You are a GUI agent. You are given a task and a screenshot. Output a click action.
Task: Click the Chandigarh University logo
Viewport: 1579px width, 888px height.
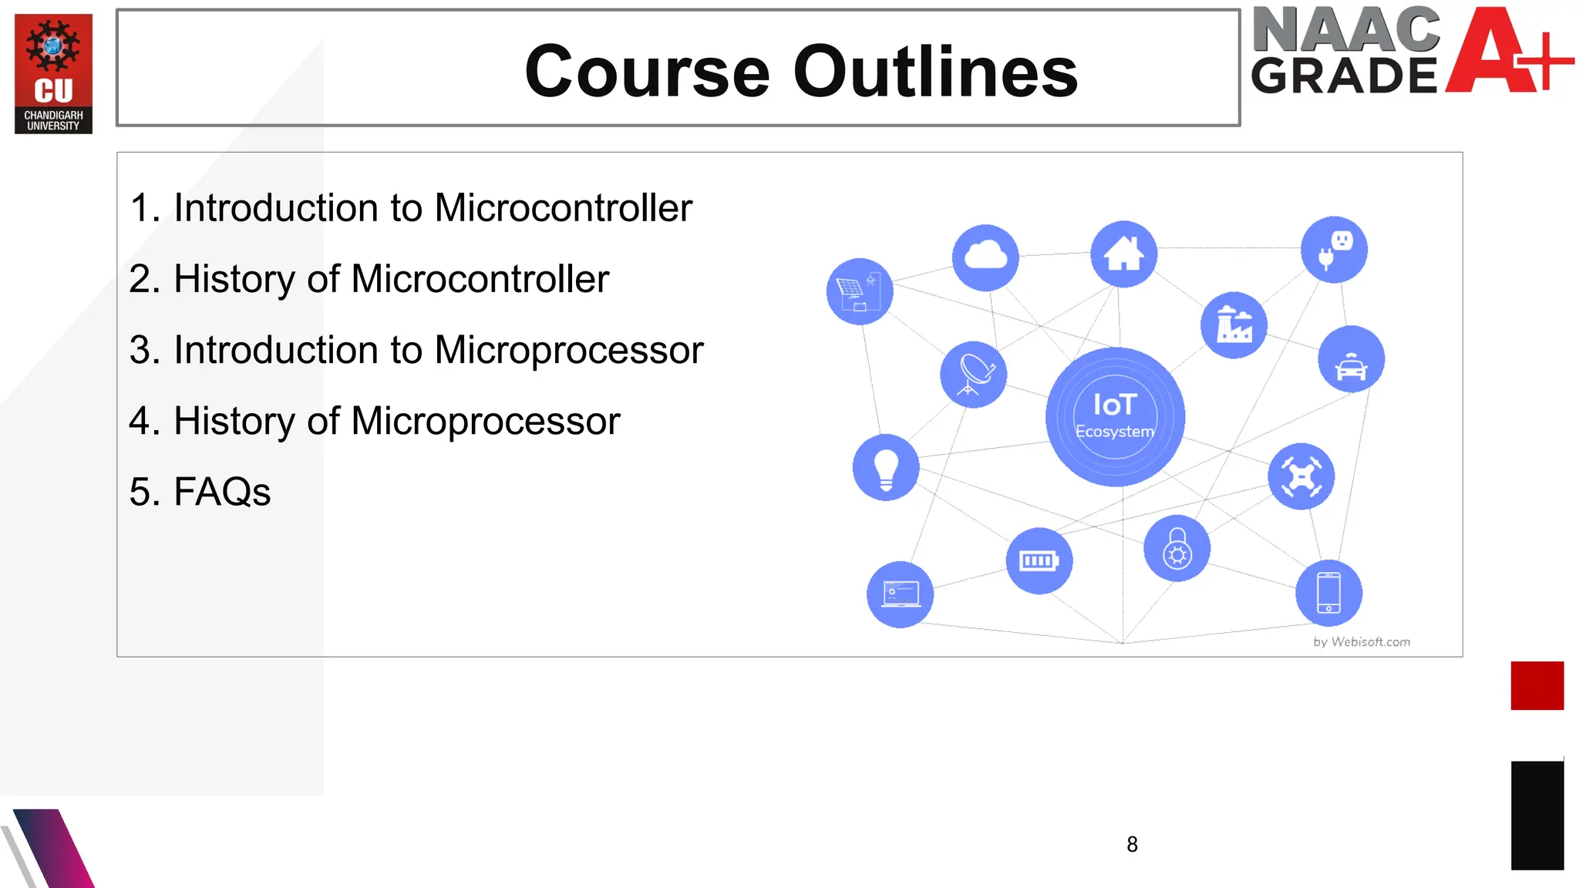point(53,74)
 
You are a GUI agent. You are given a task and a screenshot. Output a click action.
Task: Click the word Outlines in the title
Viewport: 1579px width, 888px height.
point(935,72)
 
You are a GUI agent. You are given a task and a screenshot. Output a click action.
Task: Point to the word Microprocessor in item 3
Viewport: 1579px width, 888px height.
point(568,350)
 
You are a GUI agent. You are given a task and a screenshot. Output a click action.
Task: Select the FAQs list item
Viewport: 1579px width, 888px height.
point(200,492)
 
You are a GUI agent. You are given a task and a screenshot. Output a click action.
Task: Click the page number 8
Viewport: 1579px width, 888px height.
point(1132,845)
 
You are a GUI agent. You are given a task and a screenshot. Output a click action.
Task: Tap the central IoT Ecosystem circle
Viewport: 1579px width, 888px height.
point(1115,416)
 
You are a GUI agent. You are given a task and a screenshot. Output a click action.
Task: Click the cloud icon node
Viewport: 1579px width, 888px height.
point(985,257)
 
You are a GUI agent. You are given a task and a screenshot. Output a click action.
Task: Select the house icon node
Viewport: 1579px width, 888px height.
point(1123,254)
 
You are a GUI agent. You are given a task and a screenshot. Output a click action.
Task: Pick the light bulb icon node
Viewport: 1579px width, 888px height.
point(886,467)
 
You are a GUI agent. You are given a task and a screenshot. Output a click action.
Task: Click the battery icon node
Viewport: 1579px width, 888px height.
point(1039,560)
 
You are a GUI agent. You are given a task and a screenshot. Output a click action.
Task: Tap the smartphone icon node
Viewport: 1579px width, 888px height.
point(1328,593)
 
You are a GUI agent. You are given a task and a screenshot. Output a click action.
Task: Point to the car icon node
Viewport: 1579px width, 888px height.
point(1351,359)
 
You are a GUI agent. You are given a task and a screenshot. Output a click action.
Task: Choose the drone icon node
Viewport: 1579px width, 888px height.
point(1301,476)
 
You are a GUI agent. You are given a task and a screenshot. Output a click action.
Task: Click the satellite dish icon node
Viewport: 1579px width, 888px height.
point(973,375)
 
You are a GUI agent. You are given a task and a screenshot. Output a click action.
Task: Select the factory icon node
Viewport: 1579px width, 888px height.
point(1234,325)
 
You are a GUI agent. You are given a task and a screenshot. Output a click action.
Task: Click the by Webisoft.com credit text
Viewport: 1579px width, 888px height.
point(1362,642)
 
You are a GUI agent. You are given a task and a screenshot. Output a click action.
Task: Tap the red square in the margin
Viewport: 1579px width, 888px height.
point(1537,685)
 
